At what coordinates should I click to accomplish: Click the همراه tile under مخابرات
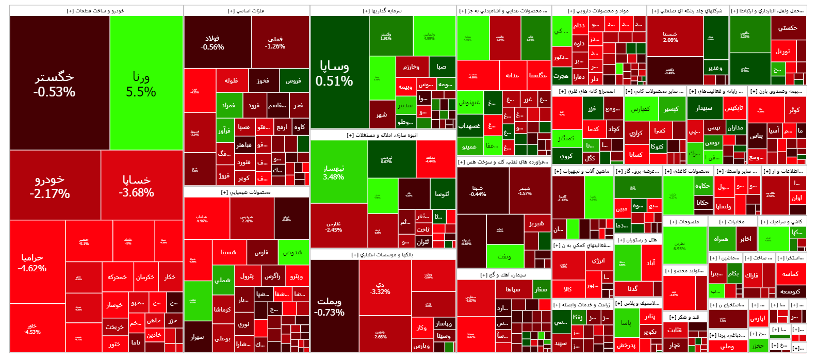pyautogui.click(x=721, y=239)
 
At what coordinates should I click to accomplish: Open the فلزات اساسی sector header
pyautogui.click(x=246, y=11)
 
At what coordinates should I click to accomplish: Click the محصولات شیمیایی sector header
pyautogui.click(x=246, y=192)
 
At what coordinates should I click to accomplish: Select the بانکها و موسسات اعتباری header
pyautogui.click(x=382, y=255)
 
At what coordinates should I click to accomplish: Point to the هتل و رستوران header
pyautogui.click(x=638, y=240)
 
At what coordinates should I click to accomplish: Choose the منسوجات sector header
pyautogui.click(x=684, y=222)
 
